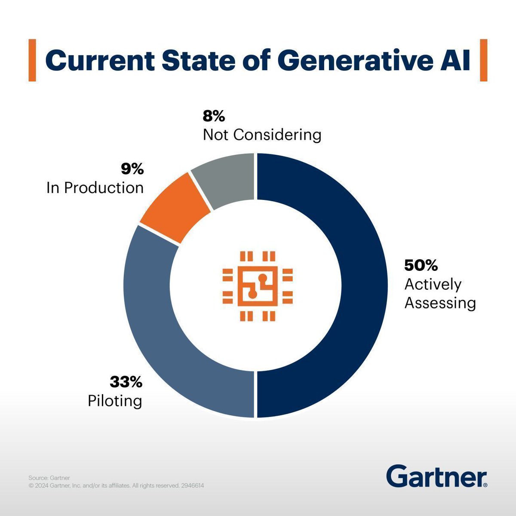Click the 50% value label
tap(421, 265)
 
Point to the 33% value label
tap(126, 381)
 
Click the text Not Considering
tap(262, 135)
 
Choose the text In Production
tap(95, 188)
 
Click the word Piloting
tap(115, 401)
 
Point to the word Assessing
tap(440, 303)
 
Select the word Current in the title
tap(100, 60)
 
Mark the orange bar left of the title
tap(32, 60)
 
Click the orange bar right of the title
tap(483, 60)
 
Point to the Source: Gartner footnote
tap(49, 478)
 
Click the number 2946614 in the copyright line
tap(192, 486)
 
